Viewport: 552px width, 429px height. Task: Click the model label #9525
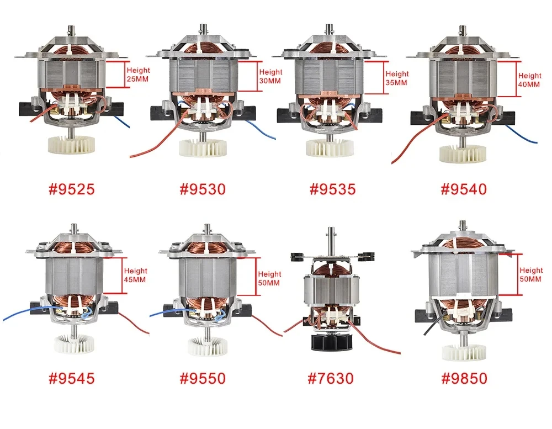pyautogui.click(x=72, y=189)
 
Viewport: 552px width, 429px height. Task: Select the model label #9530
pyautogui.click(x=203, y=189)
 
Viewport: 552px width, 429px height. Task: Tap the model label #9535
pyautogui.click(x=333, y=189)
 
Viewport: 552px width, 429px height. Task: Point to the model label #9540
pyautogui.click(x=464, y=189)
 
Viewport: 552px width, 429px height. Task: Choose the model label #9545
pyautogui.click(x=72, y=378)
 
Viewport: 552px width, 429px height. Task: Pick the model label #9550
pyautogui.click(x=203, y=378)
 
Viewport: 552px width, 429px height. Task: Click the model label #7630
pyautogui.click(x=331, y=378)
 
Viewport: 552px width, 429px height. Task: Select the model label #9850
pyautogui.click(x=464, y=378)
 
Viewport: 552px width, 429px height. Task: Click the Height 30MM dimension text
pyautogui.click(x=270, y=76)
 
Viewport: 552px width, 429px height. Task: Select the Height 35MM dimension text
pyautogui.click(x=397, y=78)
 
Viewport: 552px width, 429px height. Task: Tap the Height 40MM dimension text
pyautogui.click(x=529, y=80)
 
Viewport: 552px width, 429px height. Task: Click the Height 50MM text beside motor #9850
pyautogui.click(x=531, y=275)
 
